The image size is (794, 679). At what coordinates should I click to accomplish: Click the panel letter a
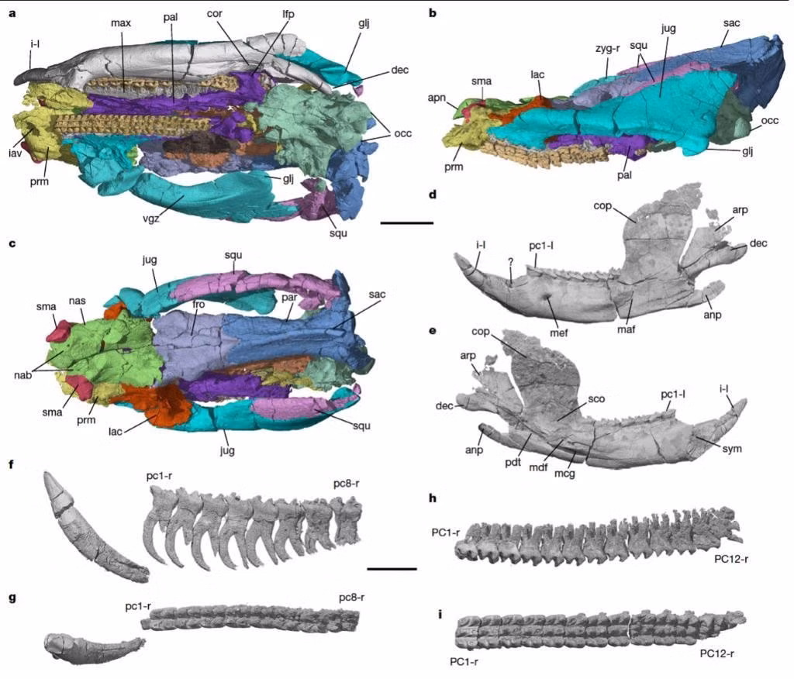point(12,13)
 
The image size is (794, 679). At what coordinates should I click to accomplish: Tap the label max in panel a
point(121,22)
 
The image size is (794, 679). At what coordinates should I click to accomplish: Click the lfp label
point(288,14)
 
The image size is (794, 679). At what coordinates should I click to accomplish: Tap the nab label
point(22,375)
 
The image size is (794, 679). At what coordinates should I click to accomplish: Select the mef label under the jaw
point(559,333)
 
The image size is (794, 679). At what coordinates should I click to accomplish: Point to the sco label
point(596,399)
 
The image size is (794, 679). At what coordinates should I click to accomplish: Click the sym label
point(732,449)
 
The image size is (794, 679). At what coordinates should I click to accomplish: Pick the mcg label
point(564,474)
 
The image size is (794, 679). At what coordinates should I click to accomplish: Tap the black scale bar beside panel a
point(406,222)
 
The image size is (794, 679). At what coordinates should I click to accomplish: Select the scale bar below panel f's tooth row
point(392,569)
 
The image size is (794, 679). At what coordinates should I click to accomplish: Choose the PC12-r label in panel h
point(731,560)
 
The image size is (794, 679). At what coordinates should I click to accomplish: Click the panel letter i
point(440,615)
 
